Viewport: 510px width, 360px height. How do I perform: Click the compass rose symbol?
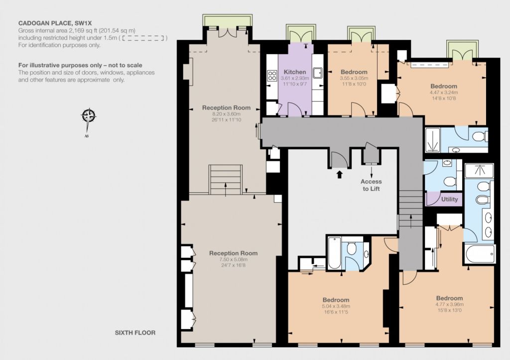pos(89,117)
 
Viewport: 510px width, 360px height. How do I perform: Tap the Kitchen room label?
pos(295,72)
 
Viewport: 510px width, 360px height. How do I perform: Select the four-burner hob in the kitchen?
pos(272,76)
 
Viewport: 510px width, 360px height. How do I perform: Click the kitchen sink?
pos(317,73)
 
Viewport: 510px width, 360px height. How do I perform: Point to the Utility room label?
pos(450,199)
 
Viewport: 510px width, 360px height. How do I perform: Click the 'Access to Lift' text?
pos(371,185)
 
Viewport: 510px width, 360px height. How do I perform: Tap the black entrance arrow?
pos(340,174)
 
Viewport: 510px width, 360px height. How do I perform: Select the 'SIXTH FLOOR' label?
pos(135,333)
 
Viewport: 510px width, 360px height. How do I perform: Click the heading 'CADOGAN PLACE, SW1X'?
pos(55,23)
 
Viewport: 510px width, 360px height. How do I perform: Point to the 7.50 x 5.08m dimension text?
pos(233,259)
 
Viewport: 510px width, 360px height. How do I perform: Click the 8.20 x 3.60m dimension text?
pos(227,114)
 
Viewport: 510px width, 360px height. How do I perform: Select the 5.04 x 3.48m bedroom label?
pos(336,306)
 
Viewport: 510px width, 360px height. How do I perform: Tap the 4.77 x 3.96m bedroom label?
pos(450,304)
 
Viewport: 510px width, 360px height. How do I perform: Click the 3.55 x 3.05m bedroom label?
pos(354,78)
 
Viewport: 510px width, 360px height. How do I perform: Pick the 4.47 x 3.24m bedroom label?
pos(444,92)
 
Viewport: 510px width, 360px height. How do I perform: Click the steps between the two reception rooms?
pos(226,180)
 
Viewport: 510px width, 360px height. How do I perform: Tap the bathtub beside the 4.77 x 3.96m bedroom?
pos(480,254)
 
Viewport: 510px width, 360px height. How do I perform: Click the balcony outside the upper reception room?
pos(227,20)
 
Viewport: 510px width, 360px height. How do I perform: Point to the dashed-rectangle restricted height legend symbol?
pos(143,38)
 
